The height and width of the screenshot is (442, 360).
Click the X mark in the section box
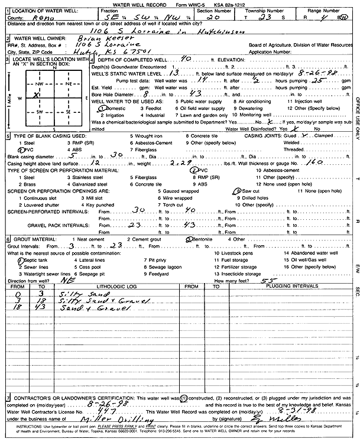click(37, 93)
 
